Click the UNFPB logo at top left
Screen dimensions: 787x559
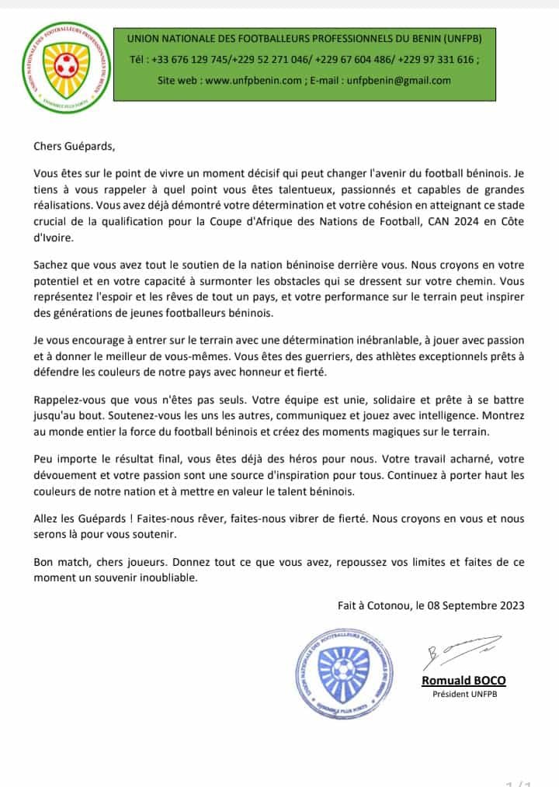[64, 65]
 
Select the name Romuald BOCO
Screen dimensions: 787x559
[464, 681]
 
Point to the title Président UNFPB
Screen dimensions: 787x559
[464, 694]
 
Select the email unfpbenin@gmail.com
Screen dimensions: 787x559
[399, 81]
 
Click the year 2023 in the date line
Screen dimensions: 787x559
[509, 606]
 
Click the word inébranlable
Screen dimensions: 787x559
[377, 341]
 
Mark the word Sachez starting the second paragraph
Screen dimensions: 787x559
[51, 265]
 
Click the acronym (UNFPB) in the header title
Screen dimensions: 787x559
[459, 37]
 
